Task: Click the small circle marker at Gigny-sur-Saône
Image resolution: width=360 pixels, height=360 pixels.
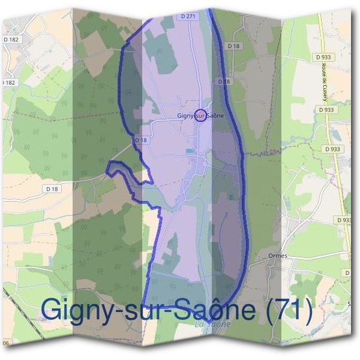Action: [202, 115]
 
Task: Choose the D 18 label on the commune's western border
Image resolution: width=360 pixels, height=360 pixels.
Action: [141, 140]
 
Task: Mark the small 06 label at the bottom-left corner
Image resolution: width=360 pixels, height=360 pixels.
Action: [6, 343]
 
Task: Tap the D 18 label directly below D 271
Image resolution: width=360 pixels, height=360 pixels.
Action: [233, 46]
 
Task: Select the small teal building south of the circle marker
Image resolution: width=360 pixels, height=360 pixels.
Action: [190, 151]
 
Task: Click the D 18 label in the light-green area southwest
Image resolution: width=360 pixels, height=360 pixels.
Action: [53, 188]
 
